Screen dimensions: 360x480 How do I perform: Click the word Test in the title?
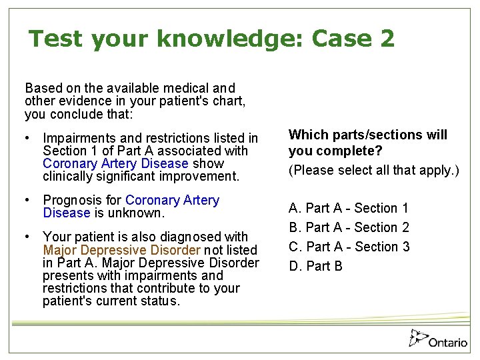pyautogui.click(x=57, y=39)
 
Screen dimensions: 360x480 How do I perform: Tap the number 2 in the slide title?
pyautogui.click(x=387, y=39)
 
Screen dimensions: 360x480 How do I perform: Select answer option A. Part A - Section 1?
pyautogui.click(x=349, y=209)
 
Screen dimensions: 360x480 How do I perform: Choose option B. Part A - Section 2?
pyautogui.click(x=349, y=228)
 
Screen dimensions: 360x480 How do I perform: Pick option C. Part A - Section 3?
pyautogui.click(x=349, y=247)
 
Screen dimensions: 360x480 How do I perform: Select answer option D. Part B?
pyautogui.click(x=315, y=267)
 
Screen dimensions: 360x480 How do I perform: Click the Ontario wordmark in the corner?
pyautogui.click(x=448, y=343)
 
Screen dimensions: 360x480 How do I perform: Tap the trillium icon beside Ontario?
pyautogui.click(x=418, y=338)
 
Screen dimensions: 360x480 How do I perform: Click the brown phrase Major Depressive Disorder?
pyautogui.click(x=121, y=250)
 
